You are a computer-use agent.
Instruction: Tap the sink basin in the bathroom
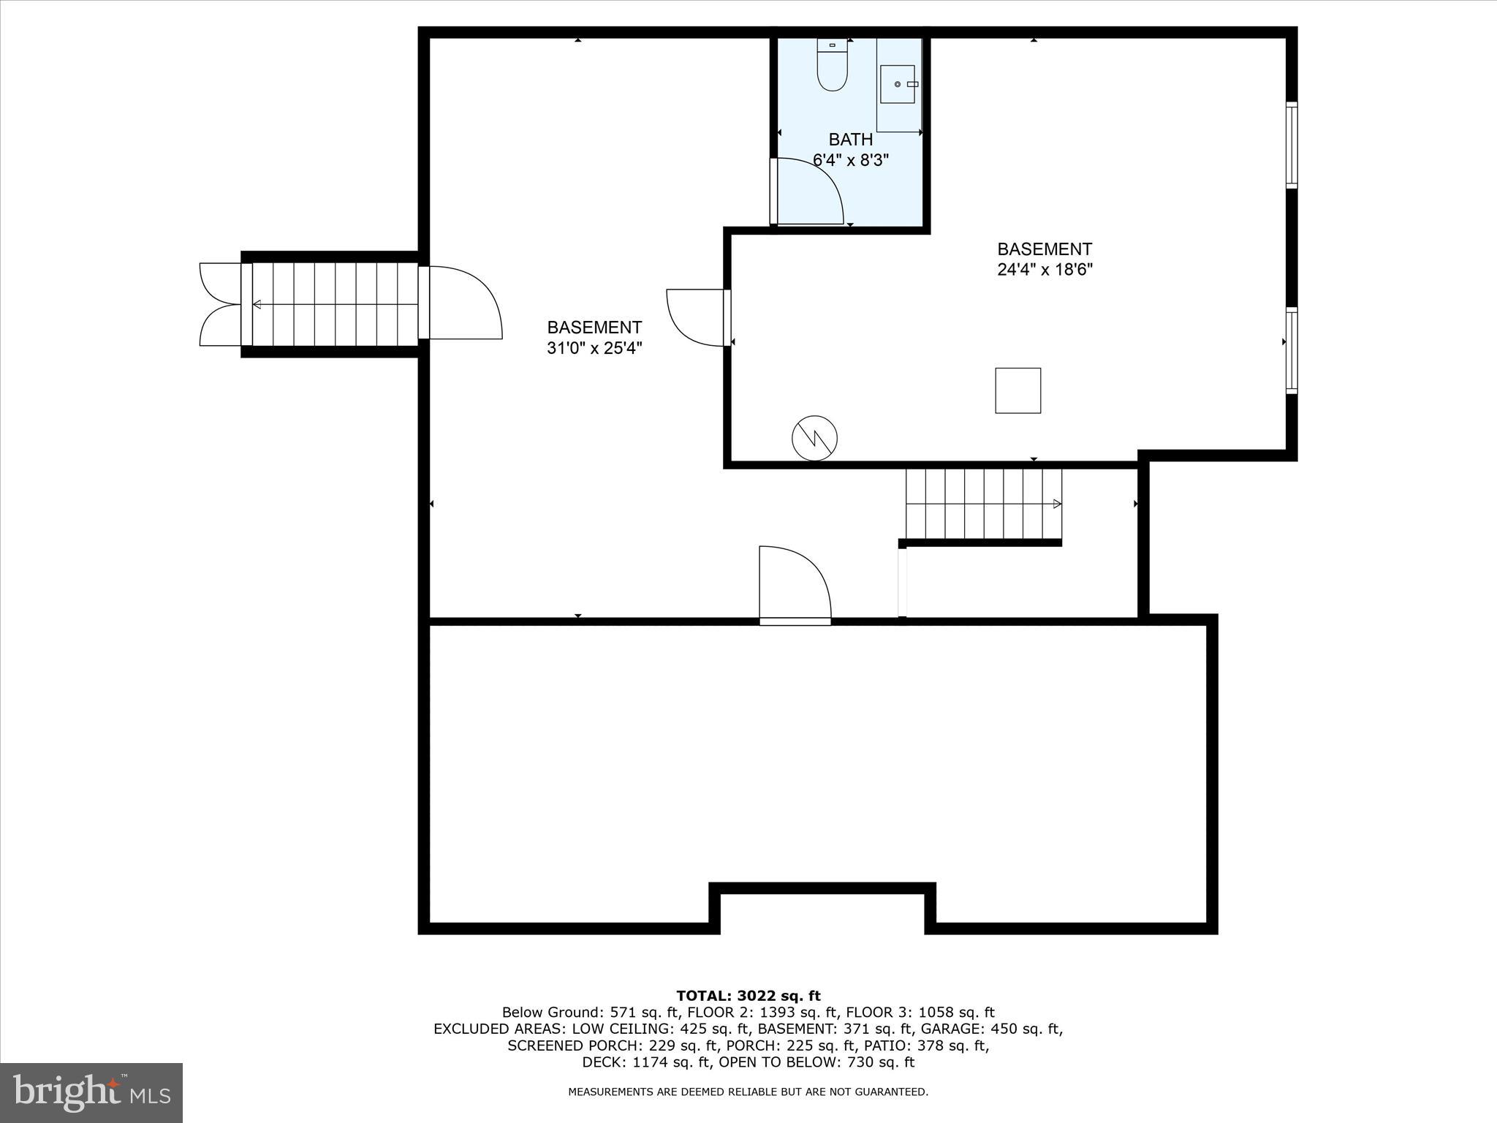click(898, 84)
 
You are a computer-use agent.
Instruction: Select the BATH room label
click(850, 139)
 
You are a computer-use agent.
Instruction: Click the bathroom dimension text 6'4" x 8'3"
click(850, 159)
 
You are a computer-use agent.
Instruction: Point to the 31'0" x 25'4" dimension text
click(594, 348)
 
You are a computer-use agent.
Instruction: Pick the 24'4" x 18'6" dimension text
click(1045, 269)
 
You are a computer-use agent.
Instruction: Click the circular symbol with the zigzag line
click(814, 438)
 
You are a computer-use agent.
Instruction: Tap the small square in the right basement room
click(1017, 390)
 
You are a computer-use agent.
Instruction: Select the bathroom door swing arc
click(811, 192)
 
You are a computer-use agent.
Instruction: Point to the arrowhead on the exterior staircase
click(257, 304)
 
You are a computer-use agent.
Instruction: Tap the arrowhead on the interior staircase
click(1056, 504)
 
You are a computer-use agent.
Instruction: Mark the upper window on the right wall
click(1292, 145)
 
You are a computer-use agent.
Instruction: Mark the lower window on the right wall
click(1292, 350)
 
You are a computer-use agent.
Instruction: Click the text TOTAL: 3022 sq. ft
click(748, 996)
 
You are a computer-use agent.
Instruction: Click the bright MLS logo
click(91, 1092)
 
